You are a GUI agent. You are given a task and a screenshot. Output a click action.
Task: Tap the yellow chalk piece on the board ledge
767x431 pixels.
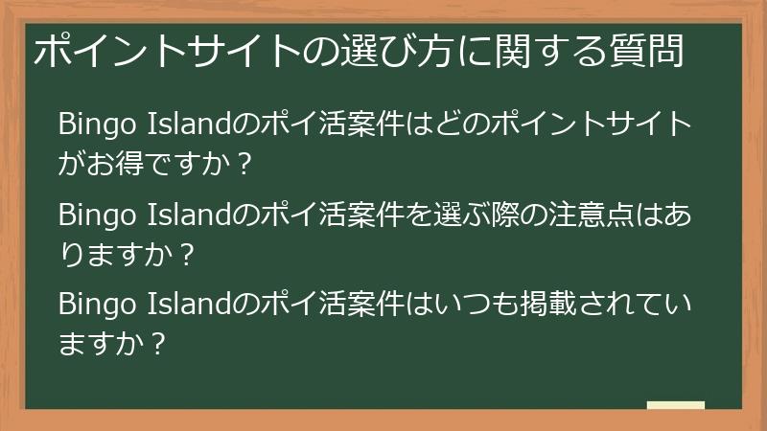675,405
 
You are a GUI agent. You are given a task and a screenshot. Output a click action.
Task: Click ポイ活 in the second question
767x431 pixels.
294,214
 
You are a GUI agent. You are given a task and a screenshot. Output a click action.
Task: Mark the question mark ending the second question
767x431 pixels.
187,255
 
